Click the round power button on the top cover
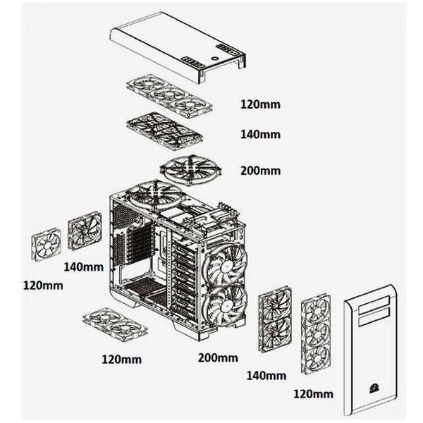[215, 58]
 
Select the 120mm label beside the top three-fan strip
[260, 104]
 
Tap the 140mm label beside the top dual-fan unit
[260, 135]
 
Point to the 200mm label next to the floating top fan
[260, 171]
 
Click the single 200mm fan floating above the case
[191, 169]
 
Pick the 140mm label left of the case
[84, 267]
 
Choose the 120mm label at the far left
[43, 286]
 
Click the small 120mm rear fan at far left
[47, 245]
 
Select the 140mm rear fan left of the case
[85, 231]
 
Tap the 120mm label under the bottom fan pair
[121, 360]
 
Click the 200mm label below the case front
[218, 357]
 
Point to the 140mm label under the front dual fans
[266, 376]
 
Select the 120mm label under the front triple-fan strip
[313, 394]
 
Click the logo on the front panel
[373, 388]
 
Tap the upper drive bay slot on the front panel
[374, 305]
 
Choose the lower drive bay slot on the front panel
[374, 317]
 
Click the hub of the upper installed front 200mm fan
[224, 267]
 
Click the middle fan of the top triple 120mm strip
[169, 95]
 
